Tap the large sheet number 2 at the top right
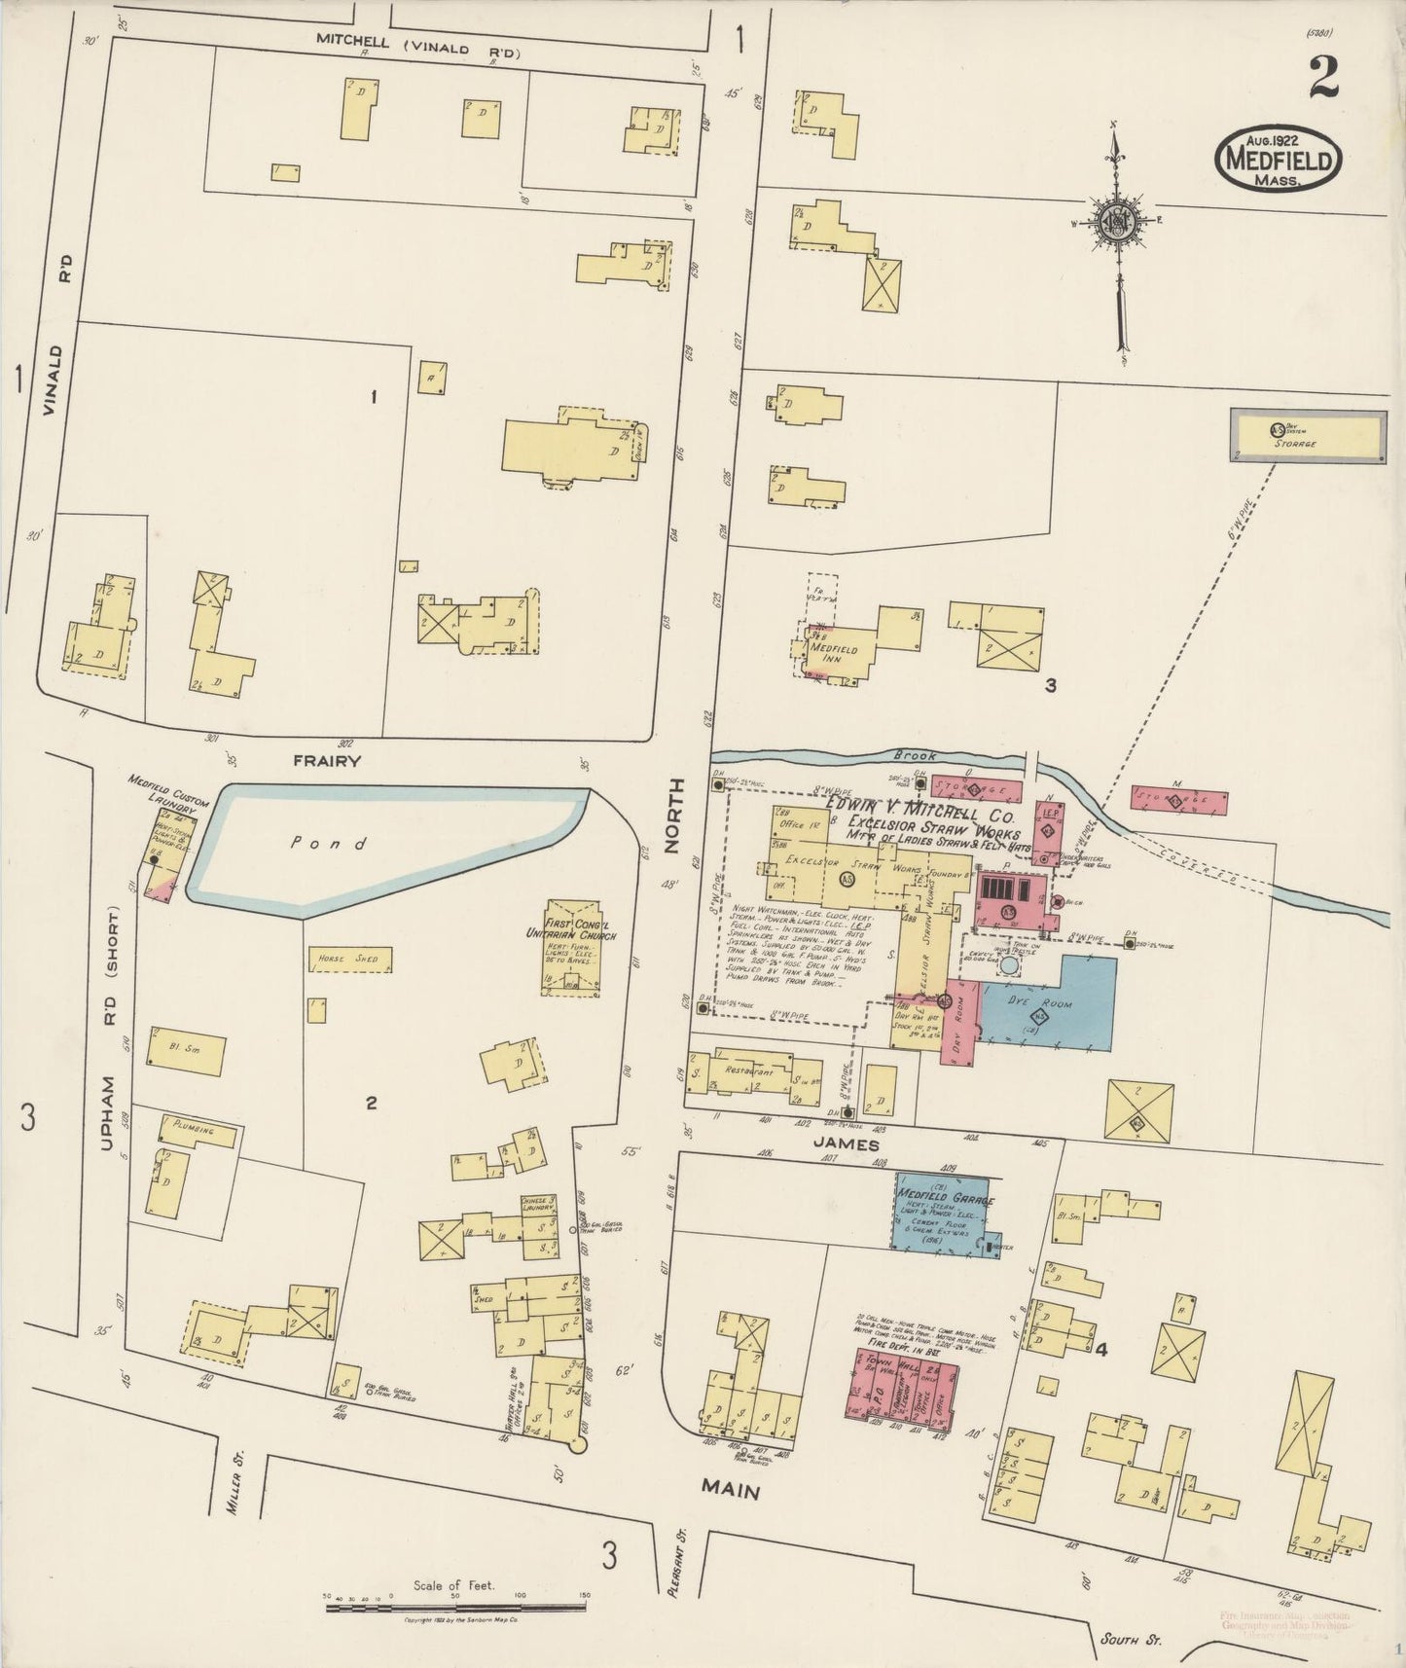[1322, 77]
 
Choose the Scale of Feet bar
[457, 1597]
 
